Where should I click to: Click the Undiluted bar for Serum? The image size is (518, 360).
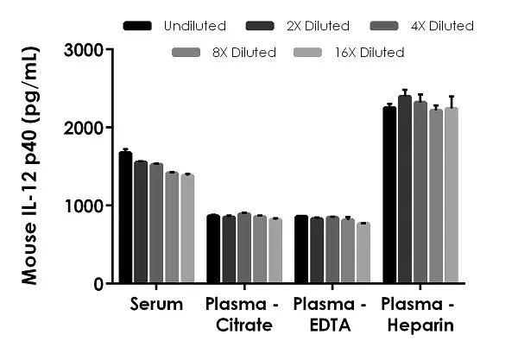(x=125, y=218)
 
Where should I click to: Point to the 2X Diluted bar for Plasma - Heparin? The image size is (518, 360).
(x=404, y=189)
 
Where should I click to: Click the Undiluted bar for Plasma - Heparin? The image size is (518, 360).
(x=389, y=195)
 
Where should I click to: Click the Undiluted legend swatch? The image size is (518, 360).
(x=138, y=26)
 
